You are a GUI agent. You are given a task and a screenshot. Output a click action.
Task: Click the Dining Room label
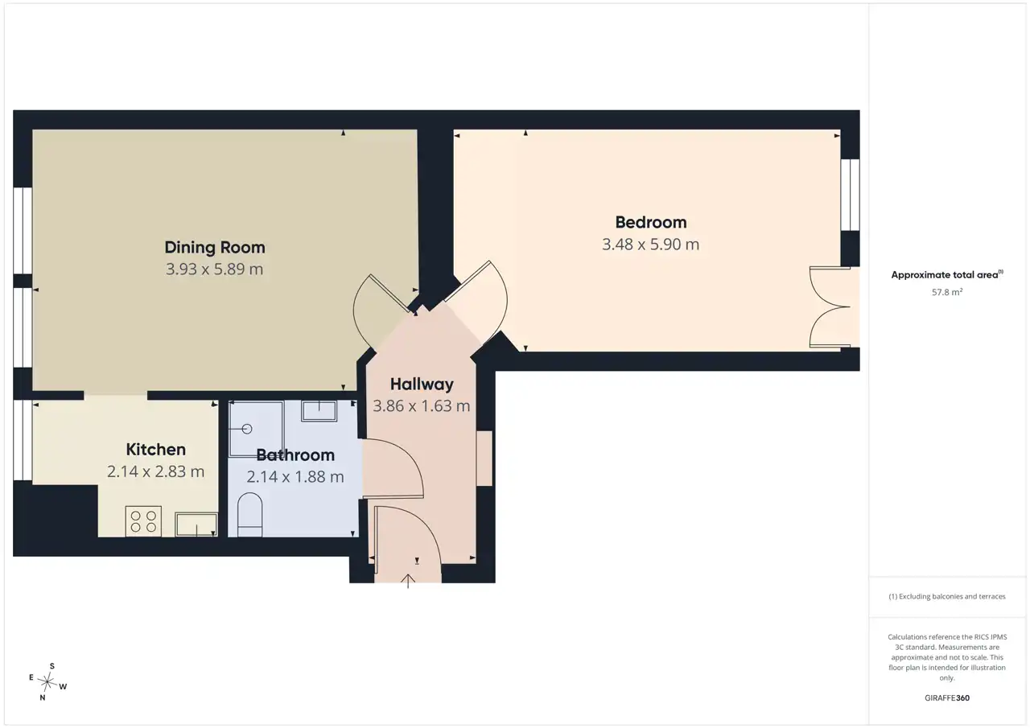tap(215, 247)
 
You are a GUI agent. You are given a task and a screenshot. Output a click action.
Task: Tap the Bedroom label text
tap(651, 223)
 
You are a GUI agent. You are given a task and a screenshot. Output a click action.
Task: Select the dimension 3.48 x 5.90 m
tap(651, 244)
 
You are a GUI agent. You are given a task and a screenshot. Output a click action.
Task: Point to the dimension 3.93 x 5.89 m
tap(215, 269)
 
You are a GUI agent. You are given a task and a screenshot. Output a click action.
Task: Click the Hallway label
tap(422, 385)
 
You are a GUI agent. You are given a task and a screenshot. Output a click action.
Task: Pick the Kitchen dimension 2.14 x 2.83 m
tap(156, 471)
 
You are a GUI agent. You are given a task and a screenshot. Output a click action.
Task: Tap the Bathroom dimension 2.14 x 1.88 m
tap(295, 477)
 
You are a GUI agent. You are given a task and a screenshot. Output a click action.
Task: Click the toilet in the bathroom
tap(249, 515)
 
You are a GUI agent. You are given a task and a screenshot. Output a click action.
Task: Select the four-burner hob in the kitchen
tap(143, 521)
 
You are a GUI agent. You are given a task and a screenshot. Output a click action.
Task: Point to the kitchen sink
tap(196, 524)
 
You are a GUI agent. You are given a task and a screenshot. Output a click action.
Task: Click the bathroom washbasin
tap(319, 410)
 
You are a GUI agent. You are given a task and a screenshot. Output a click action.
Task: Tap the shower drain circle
tap(247, 430)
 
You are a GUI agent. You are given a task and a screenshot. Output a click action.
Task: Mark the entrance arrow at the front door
tap(408, 581)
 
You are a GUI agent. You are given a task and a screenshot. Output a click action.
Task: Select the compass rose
tap(47, 682)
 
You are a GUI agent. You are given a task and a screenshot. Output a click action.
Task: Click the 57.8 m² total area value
tap(947, 292)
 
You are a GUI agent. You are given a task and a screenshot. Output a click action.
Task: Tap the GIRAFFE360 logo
tap(947, 697)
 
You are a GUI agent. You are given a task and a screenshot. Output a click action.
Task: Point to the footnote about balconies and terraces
tap(947, 597)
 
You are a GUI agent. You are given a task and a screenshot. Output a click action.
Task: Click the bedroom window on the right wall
tap(851, 195)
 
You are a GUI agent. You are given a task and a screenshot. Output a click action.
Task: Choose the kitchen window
tap(23, 440)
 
